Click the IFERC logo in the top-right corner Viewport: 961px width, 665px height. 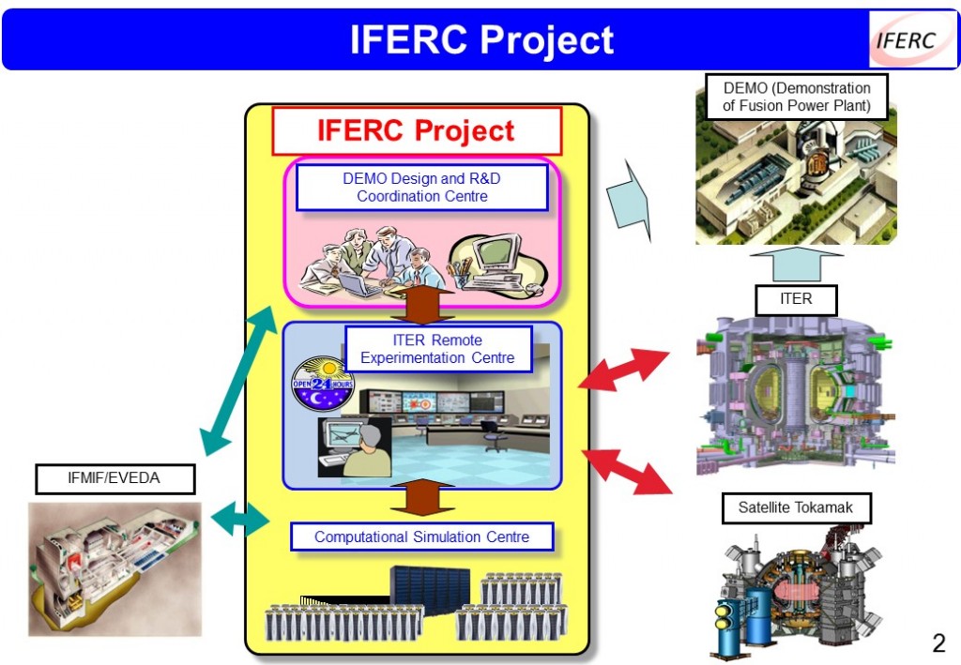[906, 39]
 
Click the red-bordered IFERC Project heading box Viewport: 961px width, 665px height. [416, 130]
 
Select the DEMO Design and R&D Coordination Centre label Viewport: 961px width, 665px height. [421, 188]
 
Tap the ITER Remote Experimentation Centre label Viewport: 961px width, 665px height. [437, 348]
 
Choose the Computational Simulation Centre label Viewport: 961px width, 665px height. [421, 537]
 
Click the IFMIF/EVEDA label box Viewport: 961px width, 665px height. [114, 478]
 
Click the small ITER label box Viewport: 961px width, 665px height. [796, 300]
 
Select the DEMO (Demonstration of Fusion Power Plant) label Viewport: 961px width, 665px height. [796, 97]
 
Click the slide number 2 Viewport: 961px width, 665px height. [938, 643]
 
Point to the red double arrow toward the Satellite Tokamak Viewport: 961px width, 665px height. [629, 471]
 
